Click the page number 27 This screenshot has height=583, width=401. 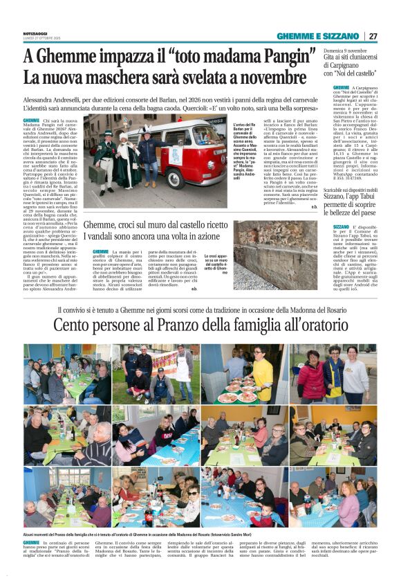[x=373, y=36]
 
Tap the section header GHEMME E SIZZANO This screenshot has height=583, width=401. [x=318, y=36]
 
